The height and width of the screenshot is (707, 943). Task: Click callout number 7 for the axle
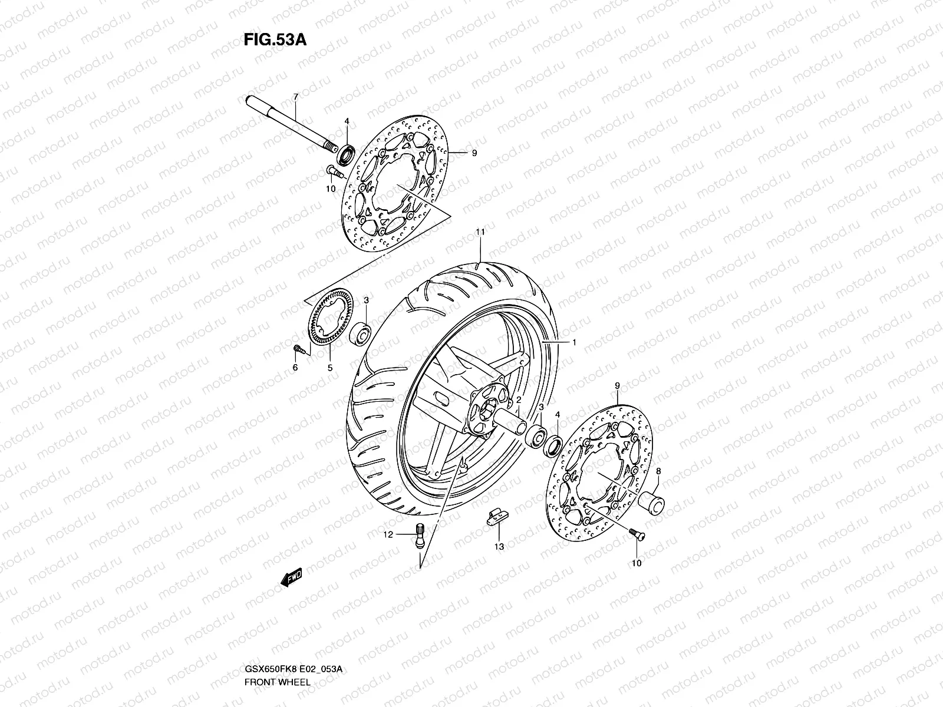click(295, 96)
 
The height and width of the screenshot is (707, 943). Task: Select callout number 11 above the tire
click(480, 232)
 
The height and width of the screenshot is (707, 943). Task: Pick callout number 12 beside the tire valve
click(388, 534)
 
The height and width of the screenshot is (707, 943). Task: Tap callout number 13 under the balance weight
click(499, 547)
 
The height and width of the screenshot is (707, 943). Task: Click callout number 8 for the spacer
click(658, 471)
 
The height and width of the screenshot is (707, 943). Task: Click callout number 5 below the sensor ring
click(330, 368)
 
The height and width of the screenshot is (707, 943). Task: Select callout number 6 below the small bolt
click(295, 368)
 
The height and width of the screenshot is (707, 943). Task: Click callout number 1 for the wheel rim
click(574, 342)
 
